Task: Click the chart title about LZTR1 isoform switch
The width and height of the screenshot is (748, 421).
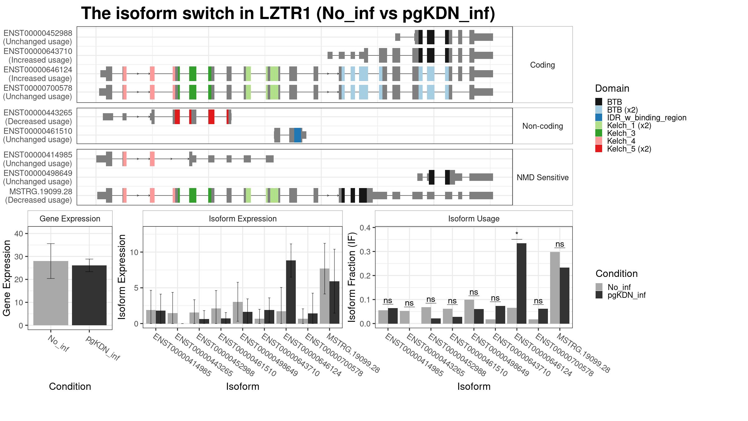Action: [288, 14]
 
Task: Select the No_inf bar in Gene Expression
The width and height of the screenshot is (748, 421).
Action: [50, 293]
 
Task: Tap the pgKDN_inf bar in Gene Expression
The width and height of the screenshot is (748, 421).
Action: [89, 295]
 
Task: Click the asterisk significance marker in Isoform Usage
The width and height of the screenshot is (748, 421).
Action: [517, 234]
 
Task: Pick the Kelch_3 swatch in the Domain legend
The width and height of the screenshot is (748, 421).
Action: [599, 133]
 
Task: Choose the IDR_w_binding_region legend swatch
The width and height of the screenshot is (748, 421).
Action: [599, 118]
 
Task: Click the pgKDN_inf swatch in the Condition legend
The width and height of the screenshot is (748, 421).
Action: [599, 295]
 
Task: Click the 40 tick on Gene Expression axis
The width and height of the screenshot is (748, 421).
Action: [19, 234]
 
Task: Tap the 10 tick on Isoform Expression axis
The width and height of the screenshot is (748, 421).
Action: [134, 252]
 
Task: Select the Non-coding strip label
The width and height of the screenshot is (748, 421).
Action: [543, 126]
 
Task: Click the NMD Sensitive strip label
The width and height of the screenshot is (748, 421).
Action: [543, 177]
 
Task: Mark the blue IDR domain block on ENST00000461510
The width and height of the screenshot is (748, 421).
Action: [298, 135]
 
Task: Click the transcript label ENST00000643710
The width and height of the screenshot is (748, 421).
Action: [38, 51]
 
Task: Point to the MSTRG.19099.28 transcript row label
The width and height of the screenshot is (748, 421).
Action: [41, 191]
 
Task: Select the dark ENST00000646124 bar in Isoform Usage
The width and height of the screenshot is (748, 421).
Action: [521, 283]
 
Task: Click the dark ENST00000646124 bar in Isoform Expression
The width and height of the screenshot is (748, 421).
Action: [291, 292]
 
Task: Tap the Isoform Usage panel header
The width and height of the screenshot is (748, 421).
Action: [474, 219]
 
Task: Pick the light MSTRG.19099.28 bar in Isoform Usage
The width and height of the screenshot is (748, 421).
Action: [555, 288]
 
